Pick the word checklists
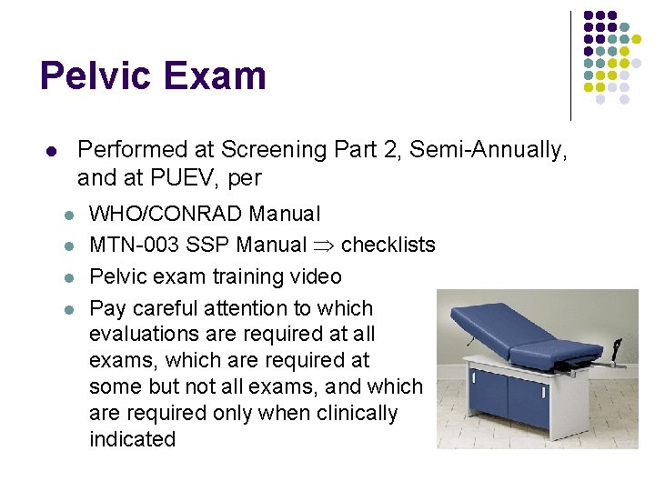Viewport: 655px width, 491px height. pos(388,245)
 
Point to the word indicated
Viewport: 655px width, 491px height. pos(132,439)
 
